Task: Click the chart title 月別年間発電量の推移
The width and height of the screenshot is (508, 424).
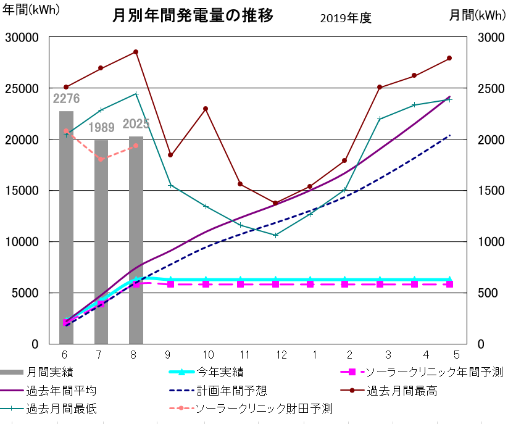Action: pos(192,15)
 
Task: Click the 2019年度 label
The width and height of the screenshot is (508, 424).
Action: pos(346,18)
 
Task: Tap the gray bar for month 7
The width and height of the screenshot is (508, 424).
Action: pos(101,241)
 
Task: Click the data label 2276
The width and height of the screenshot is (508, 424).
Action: pos(66,98)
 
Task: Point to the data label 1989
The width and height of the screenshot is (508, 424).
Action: pos(101,128)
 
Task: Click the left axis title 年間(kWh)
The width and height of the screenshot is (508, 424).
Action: pos(31,10)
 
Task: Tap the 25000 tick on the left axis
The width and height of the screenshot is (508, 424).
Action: pos(22,88)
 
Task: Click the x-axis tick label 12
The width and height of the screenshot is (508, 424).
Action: pos(281,355)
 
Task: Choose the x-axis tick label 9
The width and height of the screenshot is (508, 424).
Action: pos(168,355)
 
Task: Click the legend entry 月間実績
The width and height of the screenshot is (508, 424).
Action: pos(51,372)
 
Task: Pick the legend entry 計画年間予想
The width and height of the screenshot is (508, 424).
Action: pos(231,391)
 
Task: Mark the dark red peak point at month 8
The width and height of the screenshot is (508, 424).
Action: pos(136,52)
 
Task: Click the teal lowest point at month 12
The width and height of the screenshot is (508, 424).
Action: pos(275,235)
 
